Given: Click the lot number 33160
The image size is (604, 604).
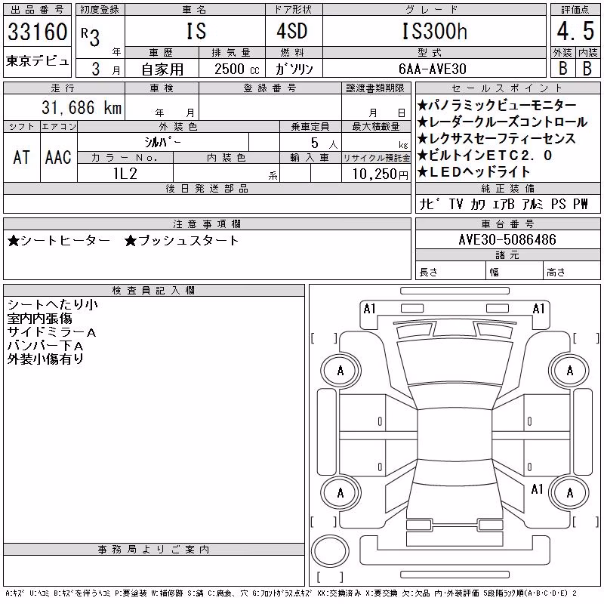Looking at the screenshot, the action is point(37,32).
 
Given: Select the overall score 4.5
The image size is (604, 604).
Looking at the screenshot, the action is point(575,31).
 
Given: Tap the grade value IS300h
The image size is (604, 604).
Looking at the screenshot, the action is point(435,31).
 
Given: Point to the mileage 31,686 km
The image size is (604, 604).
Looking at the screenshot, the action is point(82,107).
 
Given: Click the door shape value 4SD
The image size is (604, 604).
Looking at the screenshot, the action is point(292,31).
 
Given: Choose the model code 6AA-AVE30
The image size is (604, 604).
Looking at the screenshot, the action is point(433,69).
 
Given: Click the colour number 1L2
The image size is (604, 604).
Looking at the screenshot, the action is point(125,174).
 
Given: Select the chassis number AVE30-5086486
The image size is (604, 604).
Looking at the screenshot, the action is point(507,239).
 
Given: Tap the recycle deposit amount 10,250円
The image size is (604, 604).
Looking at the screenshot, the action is point(381,174).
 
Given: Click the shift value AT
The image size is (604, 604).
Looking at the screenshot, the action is point(21,158).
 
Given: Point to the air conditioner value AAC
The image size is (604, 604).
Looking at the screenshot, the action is point(58,158).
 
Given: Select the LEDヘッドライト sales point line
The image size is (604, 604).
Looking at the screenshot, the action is point(474,172).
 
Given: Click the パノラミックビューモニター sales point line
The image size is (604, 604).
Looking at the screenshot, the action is point(497,105).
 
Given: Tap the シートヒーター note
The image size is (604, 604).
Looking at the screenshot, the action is point(59,241).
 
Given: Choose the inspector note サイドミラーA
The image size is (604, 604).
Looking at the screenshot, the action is point(51,332).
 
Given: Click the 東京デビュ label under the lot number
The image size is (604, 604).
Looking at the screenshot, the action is point(37,61).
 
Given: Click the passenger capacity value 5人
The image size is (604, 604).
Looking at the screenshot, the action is point(325,143).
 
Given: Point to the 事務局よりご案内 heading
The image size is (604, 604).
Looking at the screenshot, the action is point(154,550).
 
